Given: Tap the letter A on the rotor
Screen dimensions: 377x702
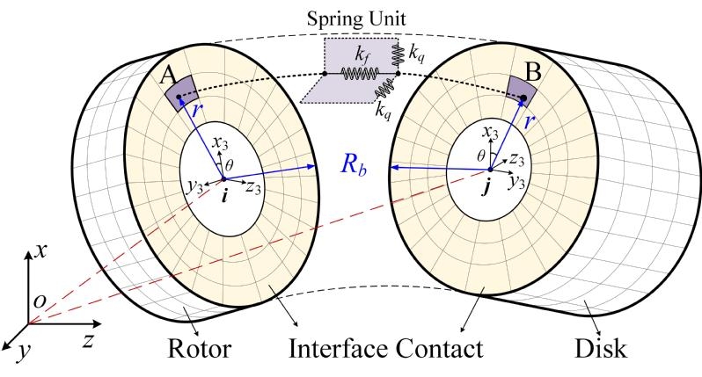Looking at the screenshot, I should pyautogui.click(x=167, y=77).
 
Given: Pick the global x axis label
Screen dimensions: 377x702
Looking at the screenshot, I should pyautogui.click(x=41, y=252).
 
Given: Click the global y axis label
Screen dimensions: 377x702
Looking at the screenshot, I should pyautogui.click(x=19, y=352).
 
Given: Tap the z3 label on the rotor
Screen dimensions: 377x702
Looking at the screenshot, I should pyautogui.click(x=252, y=187).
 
